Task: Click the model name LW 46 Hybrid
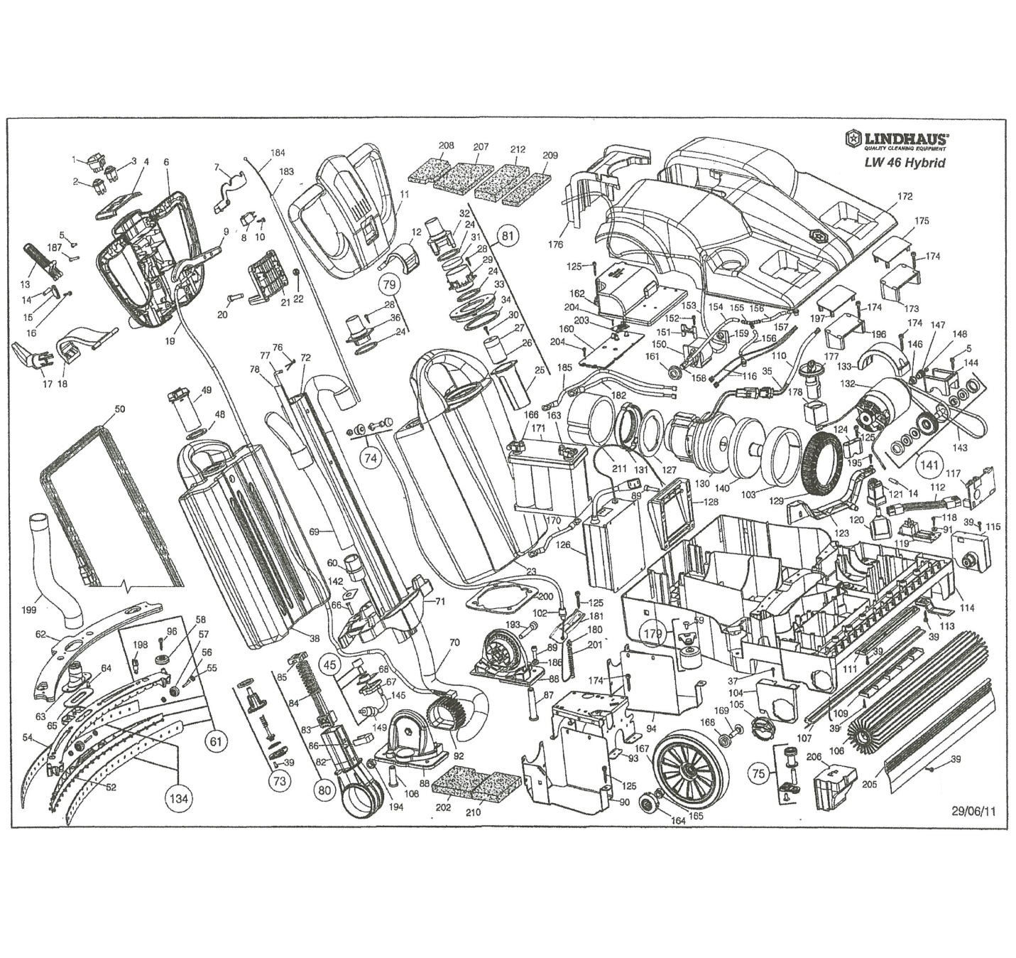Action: tap(904, 162)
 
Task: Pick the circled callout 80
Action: tap(323, 790)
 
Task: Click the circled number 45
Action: tap(329, 664)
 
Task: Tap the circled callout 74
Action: tap(370, 458)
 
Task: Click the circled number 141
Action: tap(929, 465)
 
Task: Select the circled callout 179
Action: tap(652, 633)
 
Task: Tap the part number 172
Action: tap(905, 196)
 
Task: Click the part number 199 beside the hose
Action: tap(29, 610)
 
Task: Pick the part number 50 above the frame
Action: tap(119, 409)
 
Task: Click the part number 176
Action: tap(555, 244)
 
